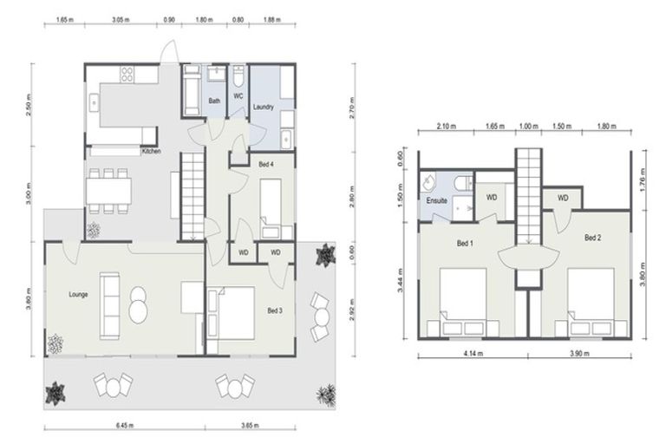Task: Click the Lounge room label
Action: (x=79, y=295)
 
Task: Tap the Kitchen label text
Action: (x=151, y=151)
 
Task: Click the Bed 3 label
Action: (x=275, y=310)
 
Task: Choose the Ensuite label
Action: (x=436, y=201)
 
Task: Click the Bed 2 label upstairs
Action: (x=592, y=237)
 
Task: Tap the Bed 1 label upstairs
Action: (x=466, y=243)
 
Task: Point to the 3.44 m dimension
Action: (x=401, y=279)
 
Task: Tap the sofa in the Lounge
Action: (x=111, y=297)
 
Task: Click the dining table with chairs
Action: (x=108, y=189)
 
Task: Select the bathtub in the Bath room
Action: (x=192, y=91)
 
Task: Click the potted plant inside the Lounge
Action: (x=56, y=344)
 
